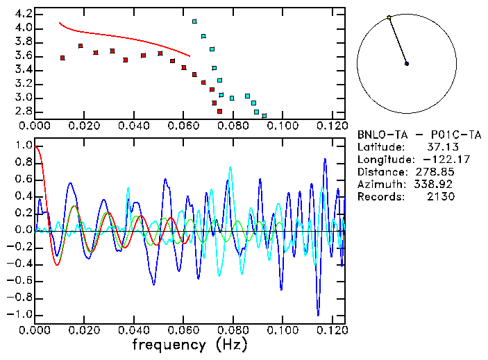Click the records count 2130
440,196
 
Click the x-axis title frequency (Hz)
190,344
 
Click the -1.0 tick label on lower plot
19,314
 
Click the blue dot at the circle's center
407,64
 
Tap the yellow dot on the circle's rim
389,17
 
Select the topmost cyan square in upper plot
194,22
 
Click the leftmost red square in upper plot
62,58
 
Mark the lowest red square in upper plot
219,111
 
